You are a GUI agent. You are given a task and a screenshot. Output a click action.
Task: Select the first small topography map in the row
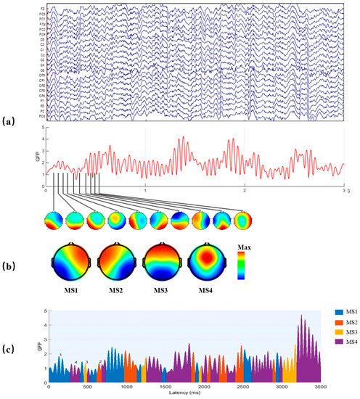[x=54, y=221]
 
